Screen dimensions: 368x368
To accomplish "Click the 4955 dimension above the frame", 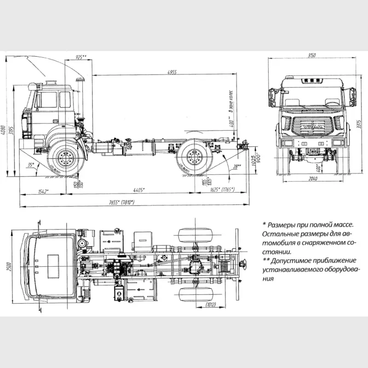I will click(x=172, y=72).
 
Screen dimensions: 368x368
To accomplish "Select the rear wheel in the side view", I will click(x=193, y=159).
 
